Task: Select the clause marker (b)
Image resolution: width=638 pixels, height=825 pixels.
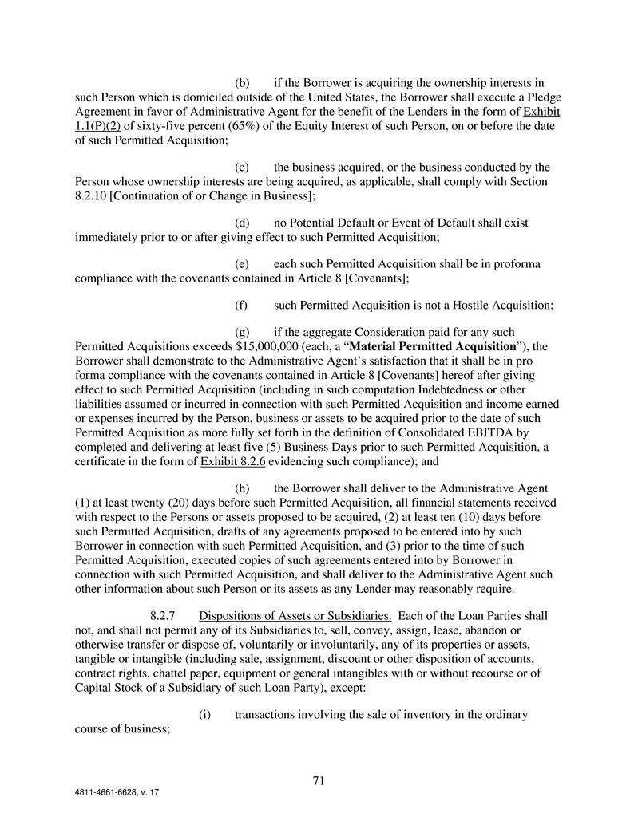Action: click(243, 82)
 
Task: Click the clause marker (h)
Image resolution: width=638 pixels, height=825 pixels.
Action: click(243, 487)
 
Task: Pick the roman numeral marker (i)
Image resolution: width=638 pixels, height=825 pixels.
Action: click(204, 714)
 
